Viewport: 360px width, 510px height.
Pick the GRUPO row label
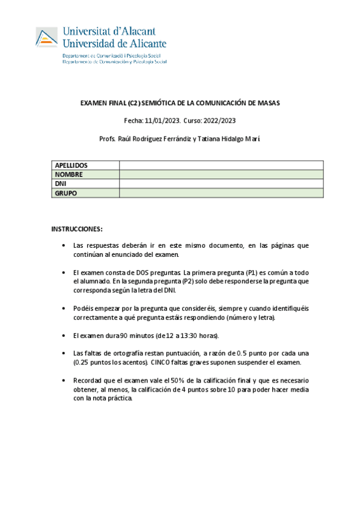point(66,193)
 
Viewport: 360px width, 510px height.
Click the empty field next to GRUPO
point(221,193)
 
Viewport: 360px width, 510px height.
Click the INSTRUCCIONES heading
point(77,229)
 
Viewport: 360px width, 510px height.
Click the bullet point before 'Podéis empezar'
point(64,308)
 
